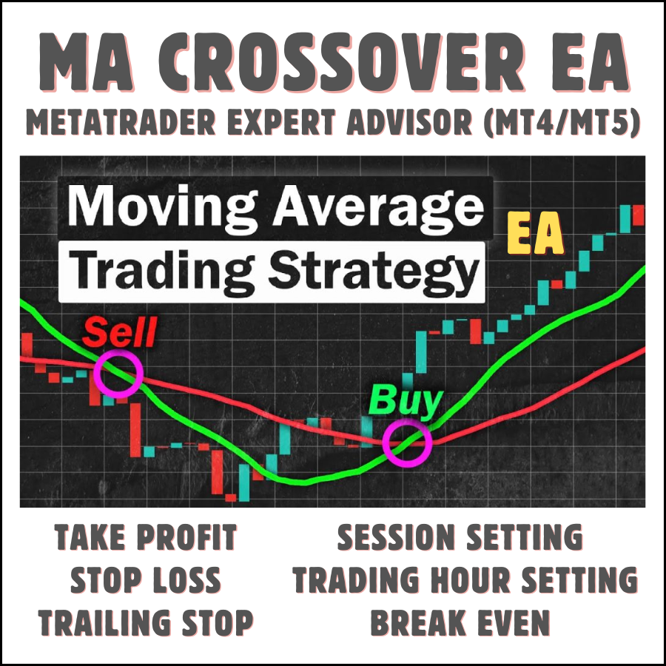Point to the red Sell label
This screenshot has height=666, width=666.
point(119,332)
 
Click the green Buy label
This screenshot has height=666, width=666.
point(405,400)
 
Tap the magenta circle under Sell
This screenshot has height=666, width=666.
point(118,372)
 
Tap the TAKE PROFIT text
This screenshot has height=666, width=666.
point(146,538)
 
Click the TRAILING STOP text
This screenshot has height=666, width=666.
point(146,623)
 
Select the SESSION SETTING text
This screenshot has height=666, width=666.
point(460,538)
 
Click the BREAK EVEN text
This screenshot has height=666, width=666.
point(460,623)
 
